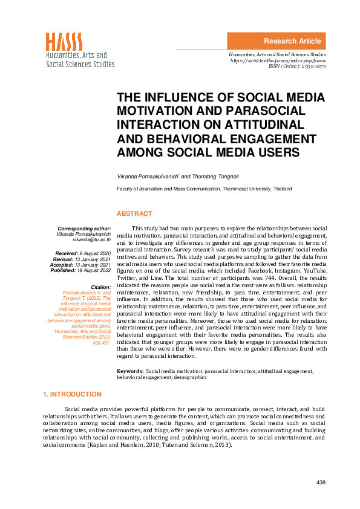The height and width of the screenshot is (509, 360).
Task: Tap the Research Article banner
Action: coord(292,41)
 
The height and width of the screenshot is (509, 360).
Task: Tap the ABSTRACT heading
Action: coord(134,213)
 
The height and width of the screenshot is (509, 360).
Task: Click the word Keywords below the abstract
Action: coord(129,370)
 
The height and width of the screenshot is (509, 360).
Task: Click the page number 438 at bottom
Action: coord(321,482)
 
